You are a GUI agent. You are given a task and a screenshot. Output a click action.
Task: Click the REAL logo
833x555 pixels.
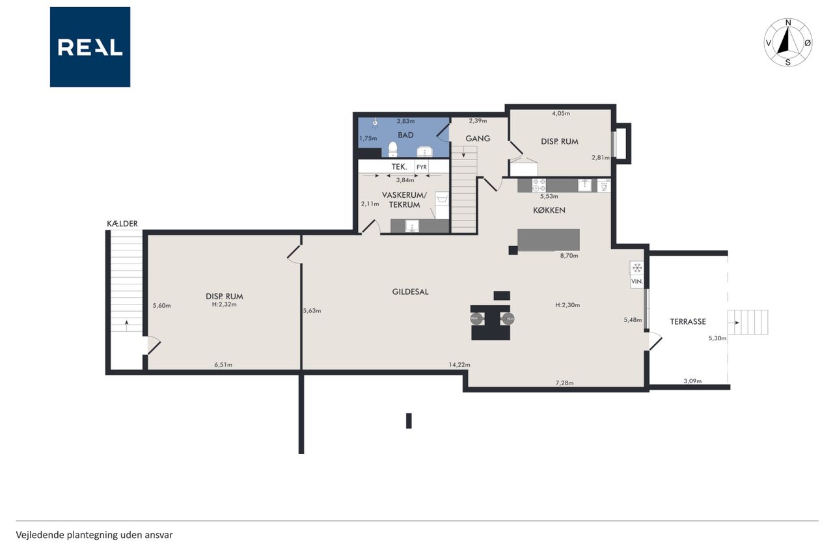pyautogui.click(x=90, y=47)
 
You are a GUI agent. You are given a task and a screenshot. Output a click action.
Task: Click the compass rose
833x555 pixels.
pyautogui.click(x=788, y=42)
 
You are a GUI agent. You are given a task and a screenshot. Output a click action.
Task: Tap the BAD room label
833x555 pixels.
pyautogui.click(x=405, y=135)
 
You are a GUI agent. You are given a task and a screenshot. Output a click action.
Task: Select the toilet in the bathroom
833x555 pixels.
pyautogui.click(x=392, y=150)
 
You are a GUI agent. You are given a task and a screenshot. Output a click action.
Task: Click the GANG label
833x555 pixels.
pyautogui.click(x=478, y=139)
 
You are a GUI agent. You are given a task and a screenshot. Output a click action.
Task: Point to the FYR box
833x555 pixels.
pyautogui.click(x=422, y=167)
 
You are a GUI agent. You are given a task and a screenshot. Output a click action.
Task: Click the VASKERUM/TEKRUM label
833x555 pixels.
pyautogui.click(x=404, y=200)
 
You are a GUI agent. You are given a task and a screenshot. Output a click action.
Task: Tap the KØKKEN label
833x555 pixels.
pyautogui.click(x=549, y=210)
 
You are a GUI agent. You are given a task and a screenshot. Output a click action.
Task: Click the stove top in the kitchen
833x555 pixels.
pyautogui.click(x=539, y=185)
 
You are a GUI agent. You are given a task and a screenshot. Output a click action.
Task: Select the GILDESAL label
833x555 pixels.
pyautogui.click(x=410, y=291)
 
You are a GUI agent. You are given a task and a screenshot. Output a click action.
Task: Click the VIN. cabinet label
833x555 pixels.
pyautogui.click(x=636, y=281)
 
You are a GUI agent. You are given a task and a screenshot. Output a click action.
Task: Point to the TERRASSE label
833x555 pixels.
pyautogui.click(x=688, y=321)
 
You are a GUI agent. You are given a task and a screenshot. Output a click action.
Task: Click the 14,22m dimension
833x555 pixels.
pyautogui.click(x=459, y=364)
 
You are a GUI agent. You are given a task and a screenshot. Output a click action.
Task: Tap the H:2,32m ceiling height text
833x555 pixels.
pyautogui.click(x=225, y=304)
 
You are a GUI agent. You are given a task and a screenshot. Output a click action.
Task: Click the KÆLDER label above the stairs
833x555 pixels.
pyautogui.click(x=122, y=223)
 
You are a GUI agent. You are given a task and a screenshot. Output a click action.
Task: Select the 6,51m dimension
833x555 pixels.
pyautogui.click(x=223, y=364)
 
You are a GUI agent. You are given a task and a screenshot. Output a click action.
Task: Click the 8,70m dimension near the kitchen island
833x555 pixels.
pyautogui.click(x=569, y=256)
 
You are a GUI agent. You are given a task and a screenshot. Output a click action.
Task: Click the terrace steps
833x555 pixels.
pyautogui.click(x=748, y=322)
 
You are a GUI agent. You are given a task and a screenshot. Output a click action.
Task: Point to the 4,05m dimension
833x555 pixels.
pyautogui.click(x=561, y=113)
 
